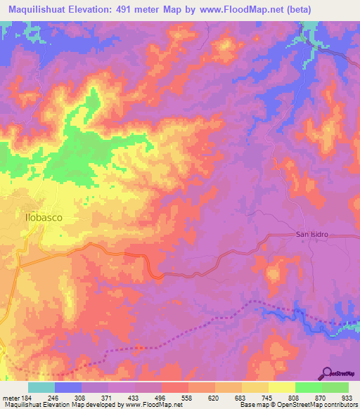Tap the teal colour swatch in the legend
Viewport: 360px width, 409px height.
coord(41,387)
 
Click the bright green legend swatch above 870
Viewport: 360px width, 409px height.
coord(309,387)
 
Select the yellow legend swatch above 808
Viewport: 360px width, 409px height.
coord(282,387)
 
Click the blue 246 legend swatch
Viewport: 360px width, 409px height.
coord(68,387)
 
